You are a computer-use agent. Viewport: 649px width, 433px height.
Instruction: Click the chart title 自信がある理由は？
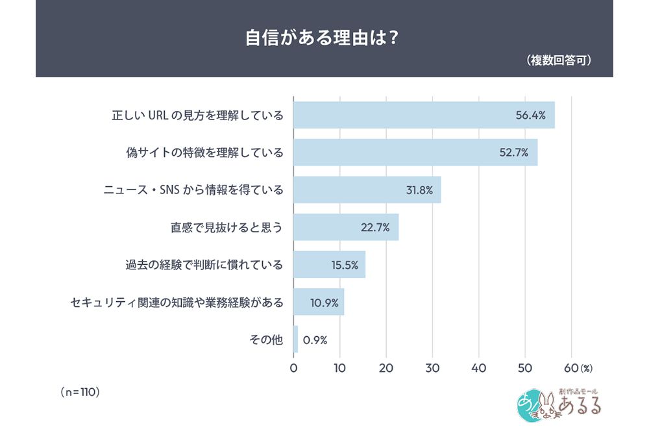pyautogui.click(x=322, y=37)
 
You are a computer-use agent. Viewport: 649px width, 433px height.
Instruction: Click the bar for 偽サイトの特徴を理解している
pyautogui.click(x=415, y=153)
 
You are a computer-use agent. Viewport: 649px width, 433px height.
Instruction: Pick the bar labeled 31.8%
pyautogui.click(x=367, y=190)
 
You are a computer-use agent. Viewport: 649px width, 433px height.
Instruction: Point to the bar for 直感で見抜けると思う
pyautogui.click(x=346, y=227)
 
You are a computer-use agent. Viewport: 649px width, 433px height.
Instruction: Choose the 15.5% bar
pyautogui.click(x=329, y=264)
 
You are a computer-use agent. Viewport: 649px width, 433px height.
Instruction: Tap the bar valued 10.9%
pyautogui.click(x=319, y=302)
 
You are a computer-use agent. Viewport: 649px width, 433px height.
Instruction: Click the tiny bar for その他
pyautogui.click(x=296, y=339)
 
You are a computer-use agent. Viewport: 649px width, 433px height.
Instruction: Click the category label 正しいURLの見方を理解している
pyautogui.click(x=198, y=116)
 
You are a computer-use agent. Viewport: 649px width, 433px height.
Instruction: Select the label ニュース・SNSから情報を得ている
pyautogui.click(x=194, y=190)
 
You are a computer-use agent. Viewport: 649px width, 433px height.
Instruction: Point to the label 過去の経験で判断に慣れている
pyautogui.click(x=204, y=265)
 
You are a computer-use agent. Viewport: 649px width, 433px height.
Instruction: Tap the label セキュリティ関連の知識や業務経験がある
pyautogui.click(x=177, y=302)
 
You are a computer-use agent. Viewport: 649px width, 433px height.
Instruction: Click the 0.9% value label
pyautogui.click(x=315, y=340)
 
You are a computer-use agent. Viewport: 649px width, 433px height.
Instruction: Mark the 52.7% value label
pyautogui.click(x=513, y=153)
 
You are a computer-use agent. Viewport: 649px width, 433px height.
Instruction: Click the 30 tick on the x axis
pyautogui.click(x=433, y=367)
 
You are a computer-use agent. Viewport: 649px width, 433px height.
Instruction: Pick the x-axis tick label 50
pyautogui.click(x=525, y=367)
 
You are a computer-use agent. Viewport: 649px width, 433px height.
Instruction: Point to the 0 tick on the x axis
pyautogui.click(x=293, y=367)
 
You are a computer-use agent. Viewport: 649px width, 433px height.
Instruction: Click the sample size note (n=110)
pyautogui.click(x=79, y=391)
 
